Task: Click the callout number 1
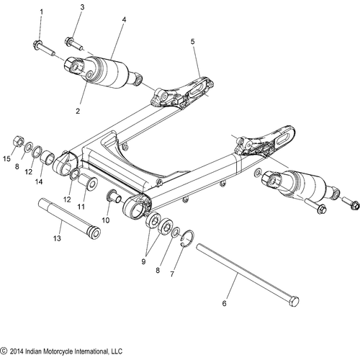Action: [x=42, y=12]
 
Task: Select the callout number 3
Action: [x=82, y=7]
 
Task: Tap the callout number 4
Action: [x=124, y=19]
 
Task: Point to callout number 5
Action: [x=193, y=42]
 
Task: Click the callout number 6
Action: [x=224, y=303]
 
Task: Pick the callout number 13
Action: [x=57, y=238]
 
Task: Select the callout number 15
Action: [x=6, y=158]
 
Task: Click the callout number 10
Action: [x=106, y=220]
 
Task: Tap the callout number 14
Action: [x=39, y=182]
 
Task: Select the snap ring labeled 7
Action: [x=188, y=238]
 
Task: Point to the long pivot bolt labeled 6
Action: [x=248, y=276]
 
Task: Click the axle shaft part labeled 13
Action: [x=69, y=217]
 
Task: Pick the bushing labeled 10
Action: [x=114, y=197]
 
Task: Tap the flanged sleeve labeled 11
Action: [x=89, y=182]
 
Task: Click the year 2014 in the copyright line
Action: [x=17, y=351]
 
